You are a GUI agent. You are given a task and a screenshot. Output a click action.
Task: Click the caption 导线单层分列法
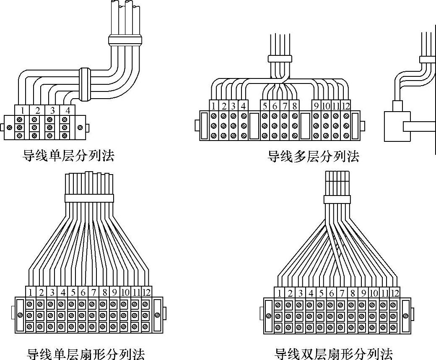pyautogui.click(x=68, y=157)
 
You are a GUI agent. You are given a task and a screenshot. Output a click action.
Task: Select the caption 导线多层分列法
pyautogui.click(x=313, y=157)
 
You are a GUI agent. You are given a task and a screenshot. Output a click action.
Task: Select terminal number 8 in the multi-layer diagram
pyautogui.click(x=295, y=106)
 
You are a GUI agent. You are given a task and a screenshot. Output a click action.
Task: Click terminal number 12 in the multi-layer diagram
pyautogui.click(x=345, y=106)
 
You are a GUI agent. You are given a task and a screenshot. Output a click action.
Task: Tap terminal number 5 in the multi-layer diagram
pyautogui.click(x=265, y=106)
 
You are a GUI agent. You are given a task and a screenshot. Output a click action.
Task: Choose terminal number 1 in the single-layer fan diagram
pyautogui.click(x=31, y=292)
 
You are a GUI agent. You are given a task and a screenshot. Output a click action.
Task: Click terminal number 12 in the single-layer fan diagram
pyautogui.click(x=145, y=292)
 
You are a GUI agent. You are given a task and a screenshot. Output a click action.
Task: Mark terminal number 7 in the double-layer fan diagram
pyautogui.click(x=342, y=293)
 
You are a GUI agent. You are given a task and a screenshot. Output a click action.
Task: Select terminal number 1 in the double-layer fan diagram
pyautogui.click(x=279, y=293)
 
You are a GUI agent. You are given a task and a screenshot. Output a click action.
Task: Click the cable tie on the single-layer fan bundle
pyautogui.click(x=89, y=198)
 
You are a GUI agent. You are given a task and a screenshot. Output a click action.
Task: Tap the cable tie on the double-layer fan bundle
pyautogui.click(x=337, y=199)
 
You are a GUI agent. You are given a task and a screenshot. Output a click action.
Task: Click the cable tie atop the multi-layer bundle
pyautogui.click(x=279, y=58)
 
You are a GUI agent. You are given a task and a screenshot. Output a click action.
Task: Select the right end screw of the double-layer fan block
pyautogui.click(x=405, y=316)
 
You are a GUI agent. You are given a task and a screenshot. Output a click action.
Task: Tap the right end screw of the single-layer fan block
pyautogui.click(x=157, y=315)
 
